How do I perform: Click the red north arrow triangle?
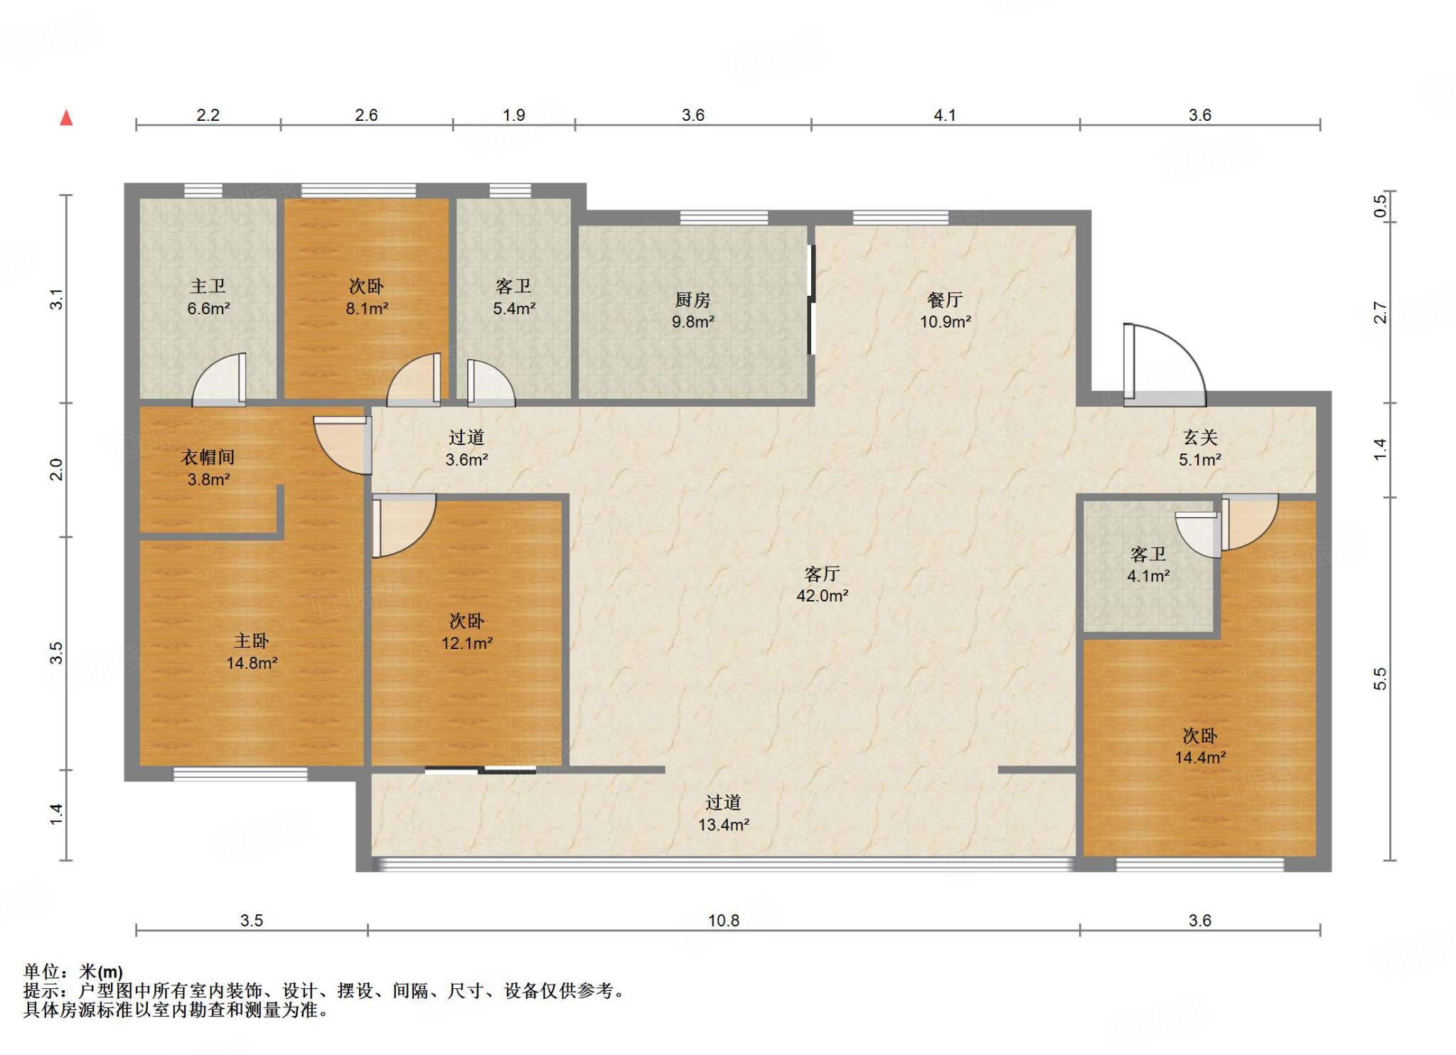pyautogui.click(x=66, y=117)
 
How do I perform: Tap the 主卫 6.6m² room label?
pyautogui.click(x=208, y=297)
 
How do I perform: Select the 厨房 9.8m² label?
pyautogui.click(x=693, y=311)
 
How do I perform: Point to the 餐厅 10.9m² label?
pyautogui.click(x=946, y=311)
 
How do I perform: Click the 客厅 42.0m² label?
pyautogui.click(x=823, y=584)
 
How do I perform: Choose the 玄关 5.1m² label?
pyautogui.click(x=1200, y=449)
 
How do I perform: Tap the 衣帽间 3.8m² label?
pyautogui.click(x=208, y=468)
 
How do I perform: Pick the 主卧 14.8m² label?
pyautogui.click(x=252, y=652)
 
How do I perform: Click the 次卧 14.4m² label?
pyautogui.click(x=1200, y=746)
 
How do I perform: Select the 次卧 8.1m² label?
pyautogui.click(x=367, y=297)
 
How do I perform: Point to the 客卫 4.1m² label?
pyautogui.click(x=1148, y=565)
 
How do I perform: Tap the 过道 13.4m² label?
pyautogui.click(x=724, y=813)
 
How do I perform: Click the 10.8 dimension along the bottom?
pyautogui.click(x=724, y=921)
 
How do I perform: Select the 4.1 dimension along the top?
pyautogui.click(x=945, y=115)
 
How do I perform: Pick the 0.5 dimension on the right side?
pyautogui.click(x=1380, y=206)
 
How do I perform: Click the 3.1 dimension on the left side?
pyautogui.click(x=56, y=299)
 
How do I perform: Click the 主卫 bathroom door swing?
pyautogui.click(x=219, y=380)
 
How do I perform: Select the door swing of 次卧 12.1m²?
pyautogui.click(x=404, y=525)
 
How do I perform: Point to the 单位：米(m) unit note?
pyautogui.click(x=73, y=972)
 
